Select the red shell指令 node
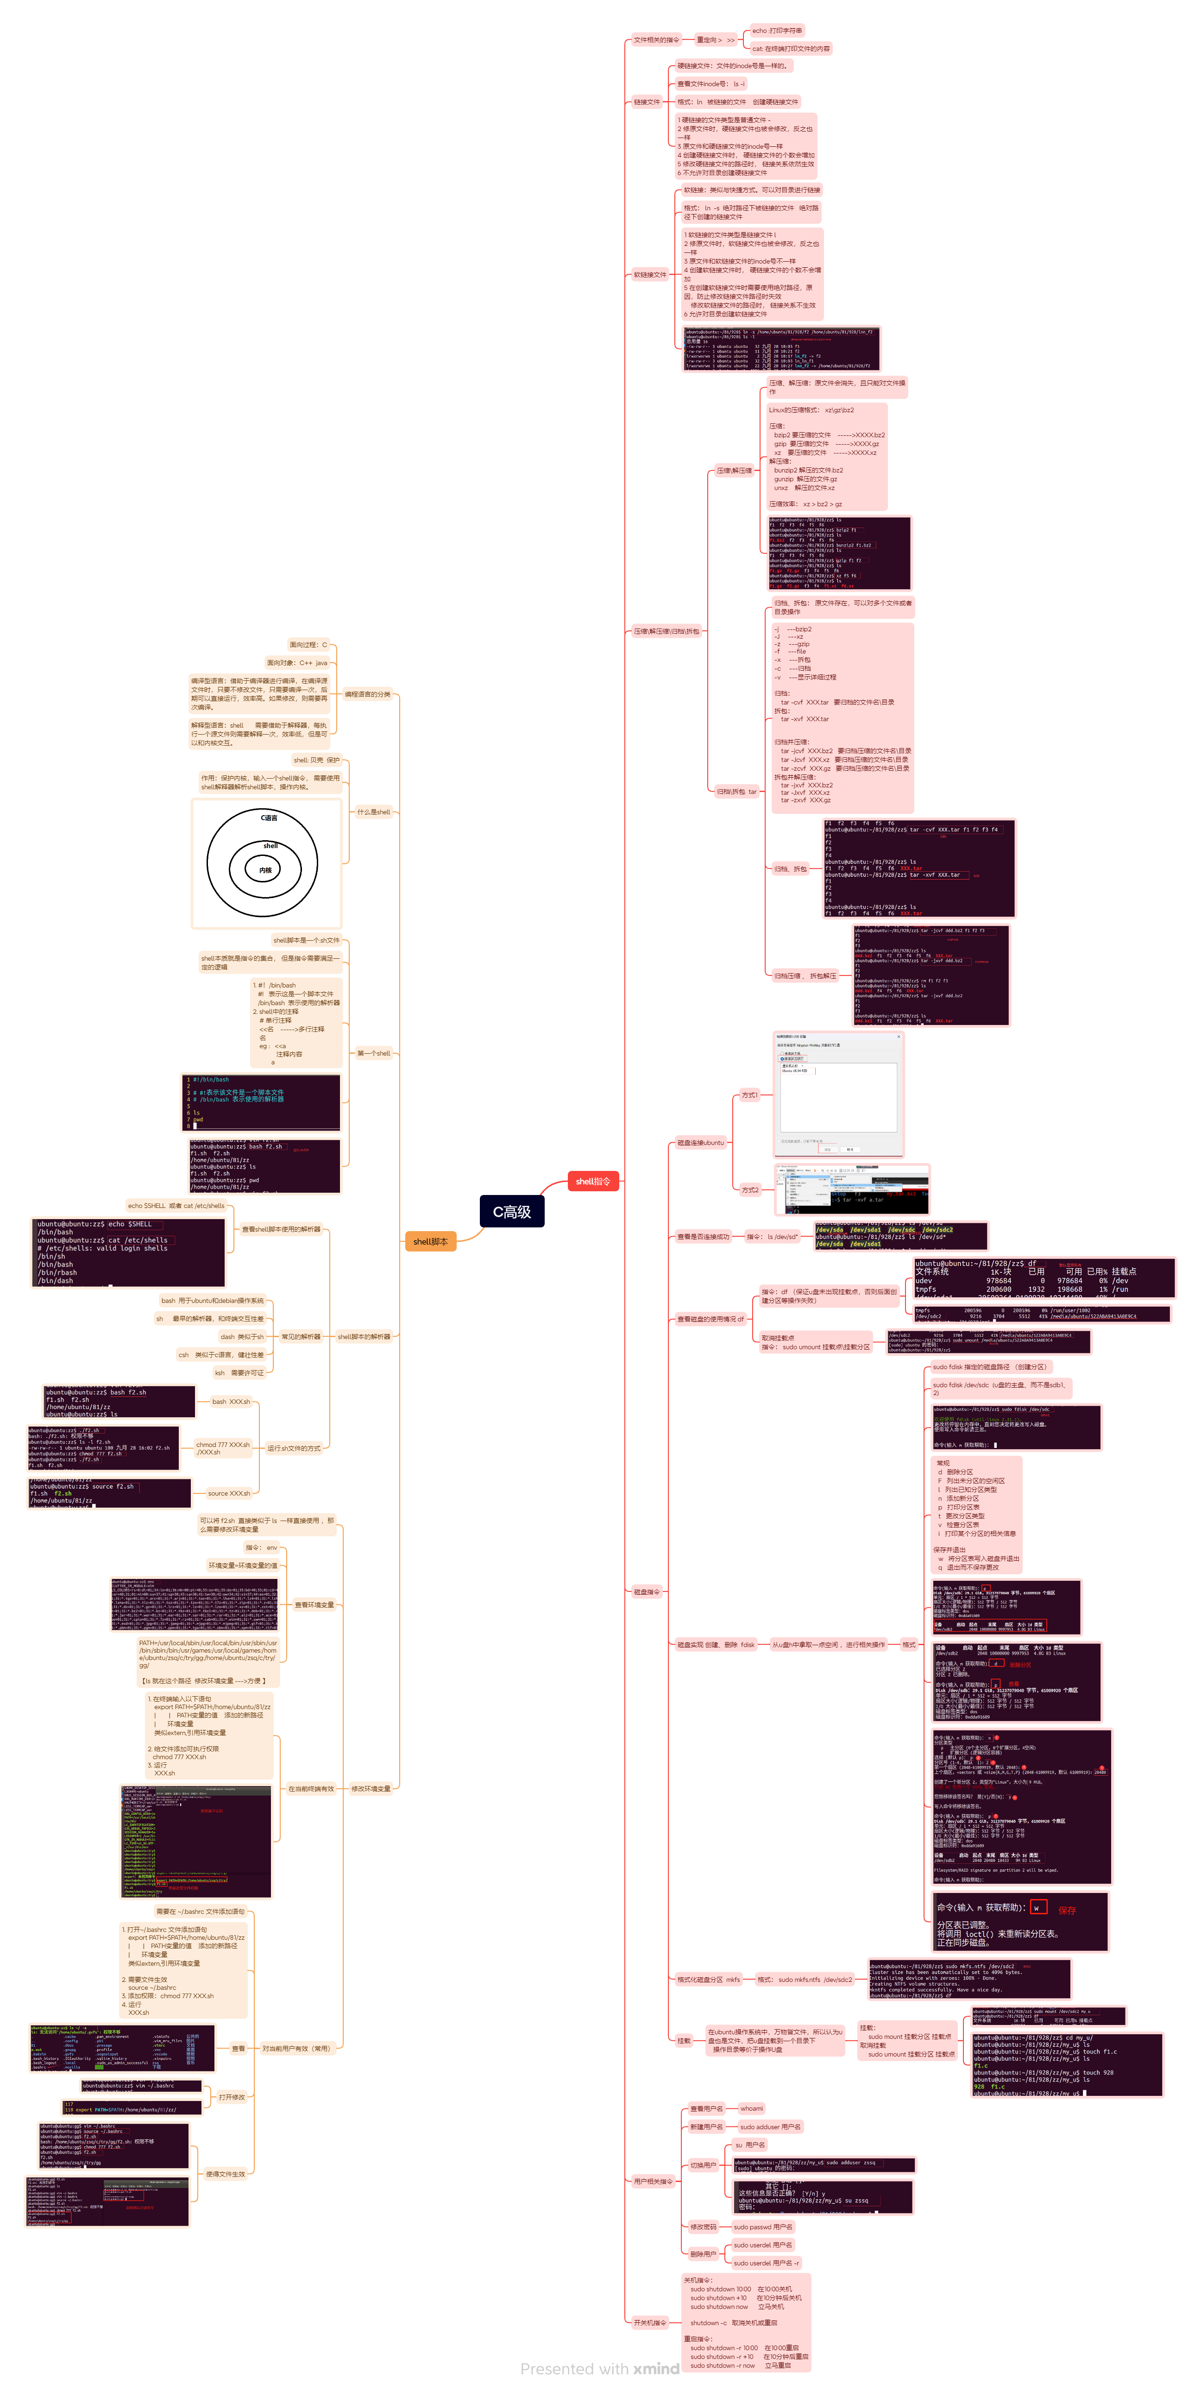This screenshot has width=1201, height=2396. [x=592, y=1181]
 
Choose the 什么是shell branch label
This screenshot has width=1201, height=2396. [x=374, y=812]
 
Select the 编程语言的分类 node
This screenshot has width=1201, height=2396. [x=367, y=694]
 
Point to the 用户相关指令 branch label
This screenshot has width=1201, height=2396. [x=653, y=2181]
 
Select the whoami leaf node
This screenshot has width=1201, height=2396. [x=752, y=2108]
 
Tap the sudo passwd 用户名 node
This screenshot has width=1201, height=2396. [x=763, y=2227]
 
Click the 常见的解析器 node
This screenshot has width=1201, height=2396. [x=301, y=1337]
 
